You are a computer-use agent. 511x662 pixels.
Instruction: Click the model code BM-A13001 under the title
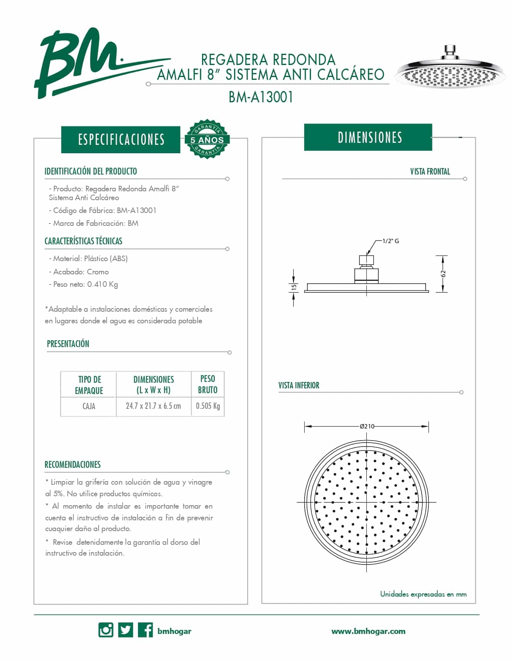(261, 97)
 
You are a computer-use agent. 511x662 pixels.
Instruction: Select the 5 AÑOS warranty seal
(206, 139)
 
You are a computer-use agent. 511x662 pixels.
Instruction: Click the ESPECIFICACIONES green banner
(121, 140)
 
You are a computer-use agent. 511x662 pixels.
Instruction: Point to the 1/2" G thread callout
(390, 241)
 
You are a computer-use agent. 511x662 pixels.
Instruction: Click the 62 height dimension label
(443, 274)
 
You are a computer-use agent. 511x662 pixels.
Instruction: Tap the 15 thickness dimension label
(294, 287)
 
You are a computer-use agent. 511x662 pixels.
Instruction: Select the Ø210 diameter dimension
(367, 426)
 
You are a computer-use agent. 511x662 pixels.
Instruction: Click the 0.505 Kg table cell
(208, 406)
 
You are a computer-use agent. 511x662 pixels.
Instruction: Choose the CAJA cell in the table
(89, 406)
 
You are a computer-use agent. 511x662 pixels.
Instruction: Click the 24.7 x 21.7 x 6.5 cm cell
(154, 406)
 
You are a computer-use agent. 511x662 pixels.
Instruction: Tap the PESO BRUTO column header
(208, 384)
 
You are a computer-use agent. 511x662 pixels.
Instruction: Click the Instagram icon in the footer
(106, 630)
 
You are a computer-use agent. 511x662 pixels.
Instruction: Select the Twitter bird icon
(126, 630)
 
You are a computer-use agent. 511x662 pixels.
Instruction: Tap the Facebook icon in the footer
(145, 630)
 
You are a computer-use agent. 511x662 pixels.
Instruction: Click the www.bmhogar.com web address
(368, 631)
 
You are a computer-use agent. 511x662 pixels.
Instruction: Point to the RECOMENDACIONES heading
(73, 465)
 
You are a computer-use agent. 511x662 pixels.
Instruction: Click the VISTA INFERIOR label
(299, 386)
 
